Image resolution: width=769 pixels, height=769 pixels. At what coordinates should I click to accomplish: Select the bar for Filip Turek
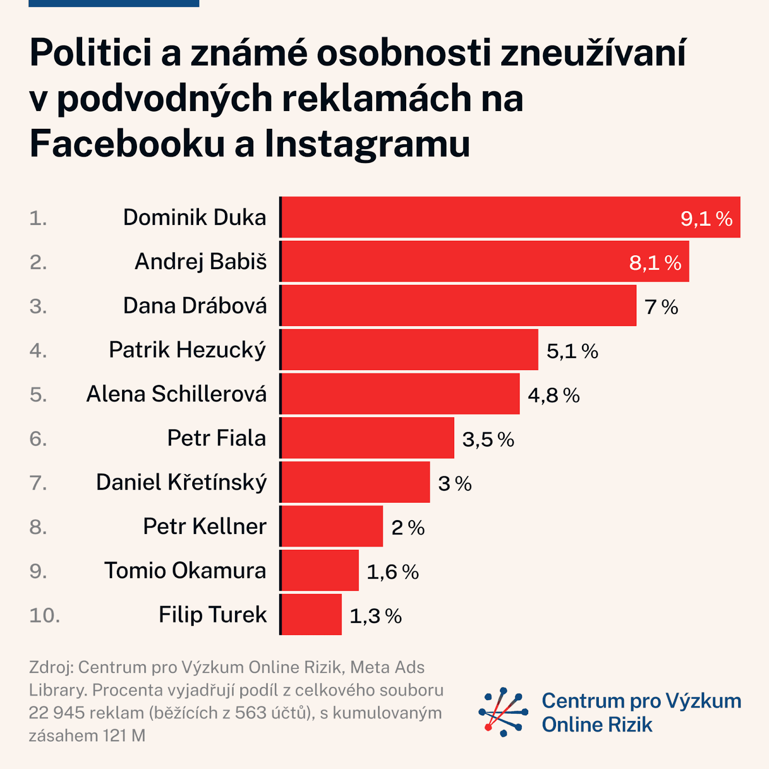coord(311,615)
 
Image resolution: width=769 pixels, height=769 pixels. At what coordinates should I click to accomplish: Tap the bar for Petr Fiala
coord(368,438)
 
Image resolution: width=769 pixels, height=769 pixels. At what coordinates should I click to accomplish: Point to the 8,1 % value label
coord(655,263)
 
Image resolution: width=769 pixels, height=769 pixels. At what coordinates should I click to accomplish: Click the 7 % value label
coord(661,307)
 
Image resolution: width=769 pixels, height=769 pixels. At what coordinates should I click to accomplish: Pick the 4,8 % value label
coord(554,396)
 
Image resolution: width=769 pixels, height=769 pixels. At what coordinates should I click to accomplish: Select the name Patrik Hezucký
coord(187,350)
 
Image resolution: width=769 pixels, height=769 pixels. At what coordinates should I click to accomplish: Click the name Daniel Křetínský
coord(181,483)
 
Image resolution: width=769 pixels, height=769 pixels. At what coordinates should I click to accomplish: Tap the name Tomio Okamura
coord(185,571)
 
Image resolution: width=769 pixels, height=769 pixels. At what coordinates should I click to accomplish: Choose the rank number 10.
coord(45,616)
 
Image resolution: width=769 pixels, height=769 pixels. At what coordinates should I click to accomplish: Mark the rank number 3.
coord(38,307)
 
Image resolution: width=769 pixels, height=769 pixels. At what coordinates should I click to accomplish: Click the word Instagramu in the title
coord(367,144)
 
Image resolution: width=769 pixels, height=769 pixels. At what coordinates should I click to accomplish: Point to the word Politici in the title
coord(90,52)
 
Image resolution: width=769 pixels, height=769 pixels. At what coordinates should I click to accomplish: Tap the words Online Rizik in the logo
coord(597,725)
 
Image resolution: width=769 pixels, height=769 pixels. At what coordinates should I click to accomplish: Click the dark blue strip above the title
coord(114,3)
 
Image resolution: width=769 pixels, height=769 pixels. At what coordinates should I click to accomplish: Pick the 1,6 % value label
coord(393,572)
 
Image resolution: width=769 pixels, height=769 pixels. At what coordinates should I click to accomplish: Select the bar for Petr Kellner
coord(332,526)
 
